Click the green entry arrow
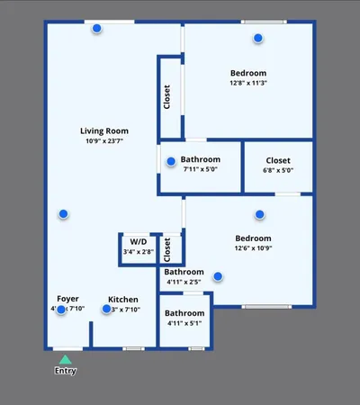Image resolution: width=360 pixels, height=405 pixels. [x=65, y=359]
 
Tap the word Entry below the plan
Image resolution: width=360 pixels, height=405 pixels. [x=65, y=370]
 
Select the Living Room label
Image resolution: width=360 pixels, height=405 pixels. [x=104, y=130]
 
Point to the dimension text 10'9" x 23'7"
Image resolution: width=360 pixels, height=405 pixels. [x=104, y=140]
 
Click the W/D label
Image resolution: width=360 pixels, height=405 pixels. [x=139, y=242]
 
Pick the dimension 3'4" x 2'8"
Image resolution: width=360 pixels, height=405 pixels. [x=139, y=252]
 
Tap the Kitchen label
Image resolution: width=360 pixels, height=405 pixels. [x=122, y=299]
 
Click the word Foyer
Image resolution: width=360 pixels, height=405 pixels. [x=68, y=299]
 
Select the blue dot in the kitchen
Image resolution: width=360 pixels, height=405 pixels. [x=107, y=309]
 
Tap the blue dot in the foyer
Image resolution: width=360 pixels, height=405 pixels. [x=61, y=310]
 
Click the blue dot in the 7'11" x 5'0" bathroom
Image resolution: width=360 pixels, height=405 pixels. [x=171, y=162]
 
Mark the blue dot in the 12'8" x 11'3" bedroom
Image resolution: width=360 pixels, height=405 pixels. [x=258, y=38]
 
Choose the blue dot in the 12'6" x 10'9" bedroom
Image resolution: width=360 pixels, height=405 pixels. [x=259, y=214]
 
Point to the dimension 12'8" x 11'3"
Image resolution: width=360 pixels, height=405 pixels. [x=248, y=83]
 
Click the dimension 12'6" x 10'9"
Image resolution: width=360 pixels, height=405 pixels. [x=253, y=248]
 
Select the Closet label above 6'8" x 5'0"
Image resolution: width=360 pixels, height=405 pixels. [x=278, y=160]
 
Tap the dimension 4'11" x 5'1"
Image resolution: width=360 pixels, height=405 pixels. [x=184, y=324]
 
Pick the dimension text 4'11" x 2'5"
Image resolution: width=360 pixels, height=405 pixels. [x=184, y=282]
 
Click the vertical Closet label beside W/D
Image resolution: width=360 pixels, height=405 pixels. [x=168, y=248]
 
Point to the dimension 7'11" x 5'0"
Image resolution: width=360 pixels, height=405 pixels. [x=200, y=169]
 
